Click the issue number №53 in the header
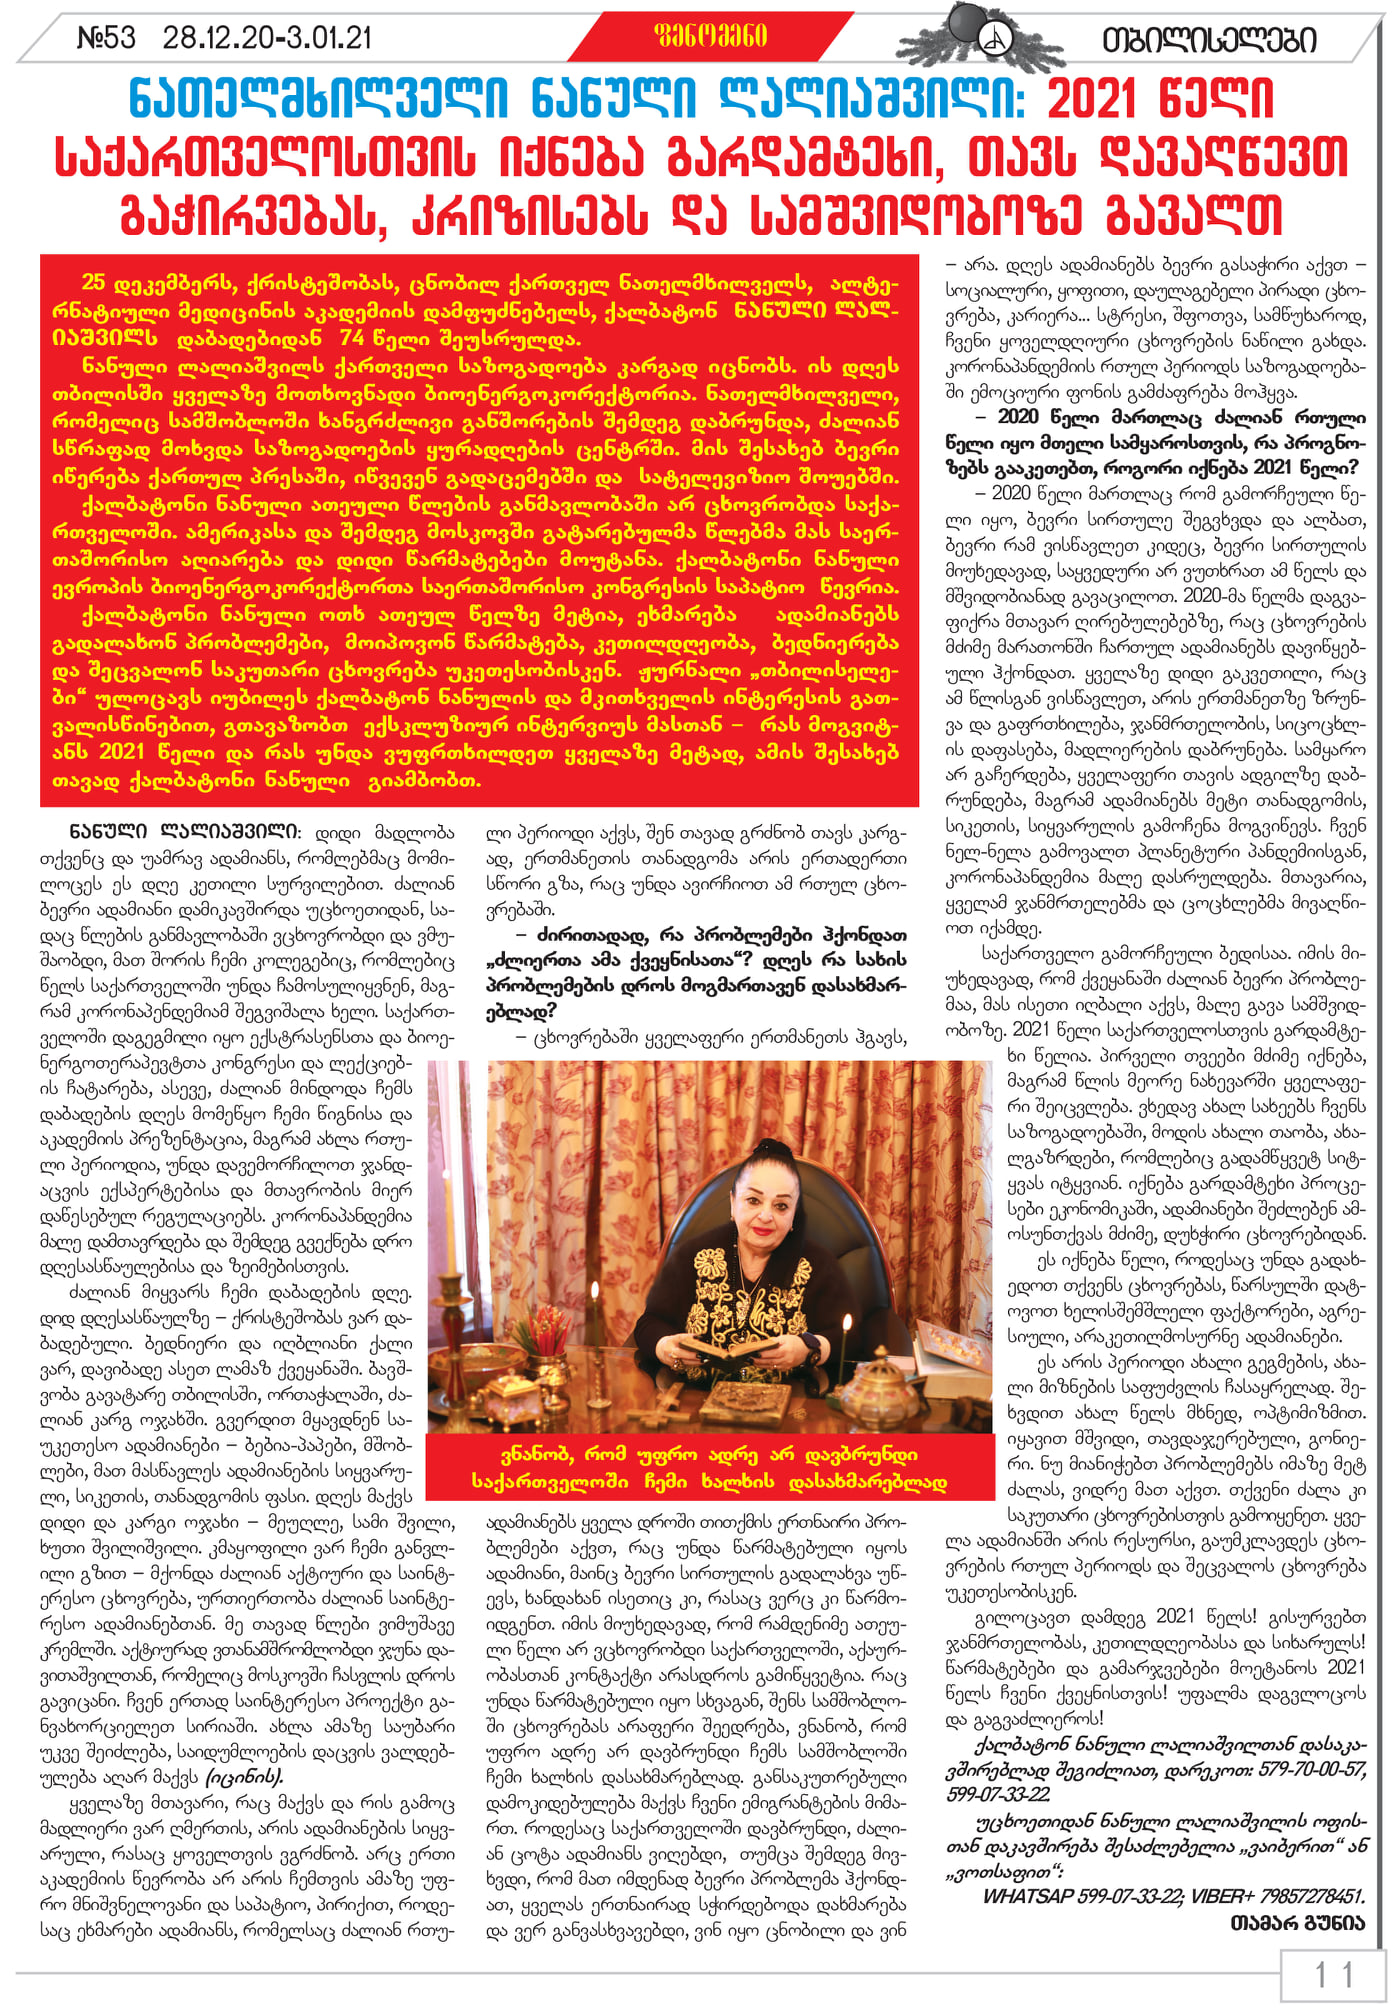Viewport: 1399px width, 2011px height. [106, 38]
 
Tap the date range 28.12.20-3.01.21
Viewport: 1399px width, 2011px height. [267, 38]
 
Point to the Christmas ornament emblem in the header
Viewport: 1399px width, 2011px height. [994, 37]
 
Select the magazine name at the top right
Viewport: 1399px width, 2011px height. [1208, 40]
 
